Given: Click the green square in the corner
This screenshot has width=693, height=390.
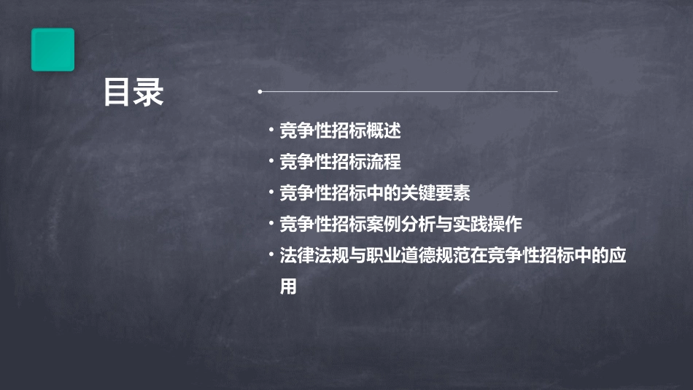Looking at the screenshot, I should point(53,50).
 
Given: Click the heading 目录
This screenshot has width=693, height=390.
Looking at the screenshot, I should point(133,93).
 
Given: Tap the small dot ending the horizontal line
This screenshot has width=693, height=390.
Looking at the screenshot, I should point(260,92).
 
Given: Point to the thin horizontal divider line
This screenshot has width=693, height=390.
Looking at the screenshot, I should point(409,92).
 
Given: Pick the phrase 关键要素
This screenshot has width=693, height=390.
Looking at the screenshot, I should point(438,193).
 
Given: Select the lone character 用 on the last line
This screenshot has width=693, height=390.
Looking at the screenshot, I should point(289,286).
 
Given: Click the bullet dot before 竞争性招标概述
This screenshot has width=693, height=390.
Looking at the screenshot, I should point(271,131).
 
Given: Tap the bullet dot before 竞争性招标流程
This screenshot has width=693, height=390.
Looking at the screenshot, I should point(271,162).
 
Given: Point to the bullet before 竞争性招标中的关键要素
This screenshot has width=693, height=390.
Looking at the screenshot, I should point(271,193).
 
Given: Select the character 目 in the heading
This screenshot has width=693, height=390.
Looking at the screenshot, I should point(117,93).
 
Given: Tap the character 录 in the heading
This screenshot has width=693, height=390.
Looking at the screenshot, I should point(149,93).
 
